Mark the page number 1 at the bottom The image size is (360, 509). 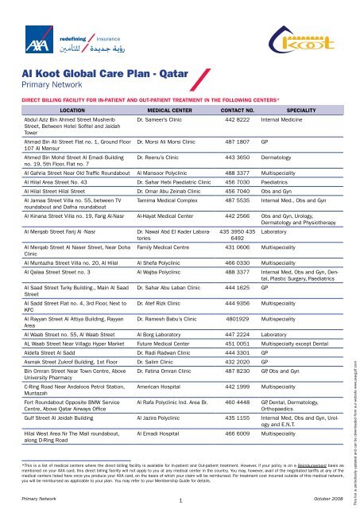(181, 498)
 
